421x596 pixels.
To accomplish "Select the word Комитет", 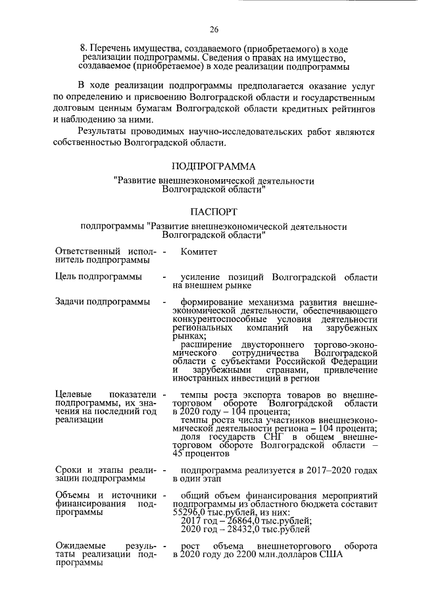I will (199, 252).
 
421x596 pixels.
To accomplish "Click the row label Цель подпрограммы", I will (99, 277).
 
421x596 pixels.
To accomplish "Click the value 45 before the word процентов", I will (180, 454).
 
